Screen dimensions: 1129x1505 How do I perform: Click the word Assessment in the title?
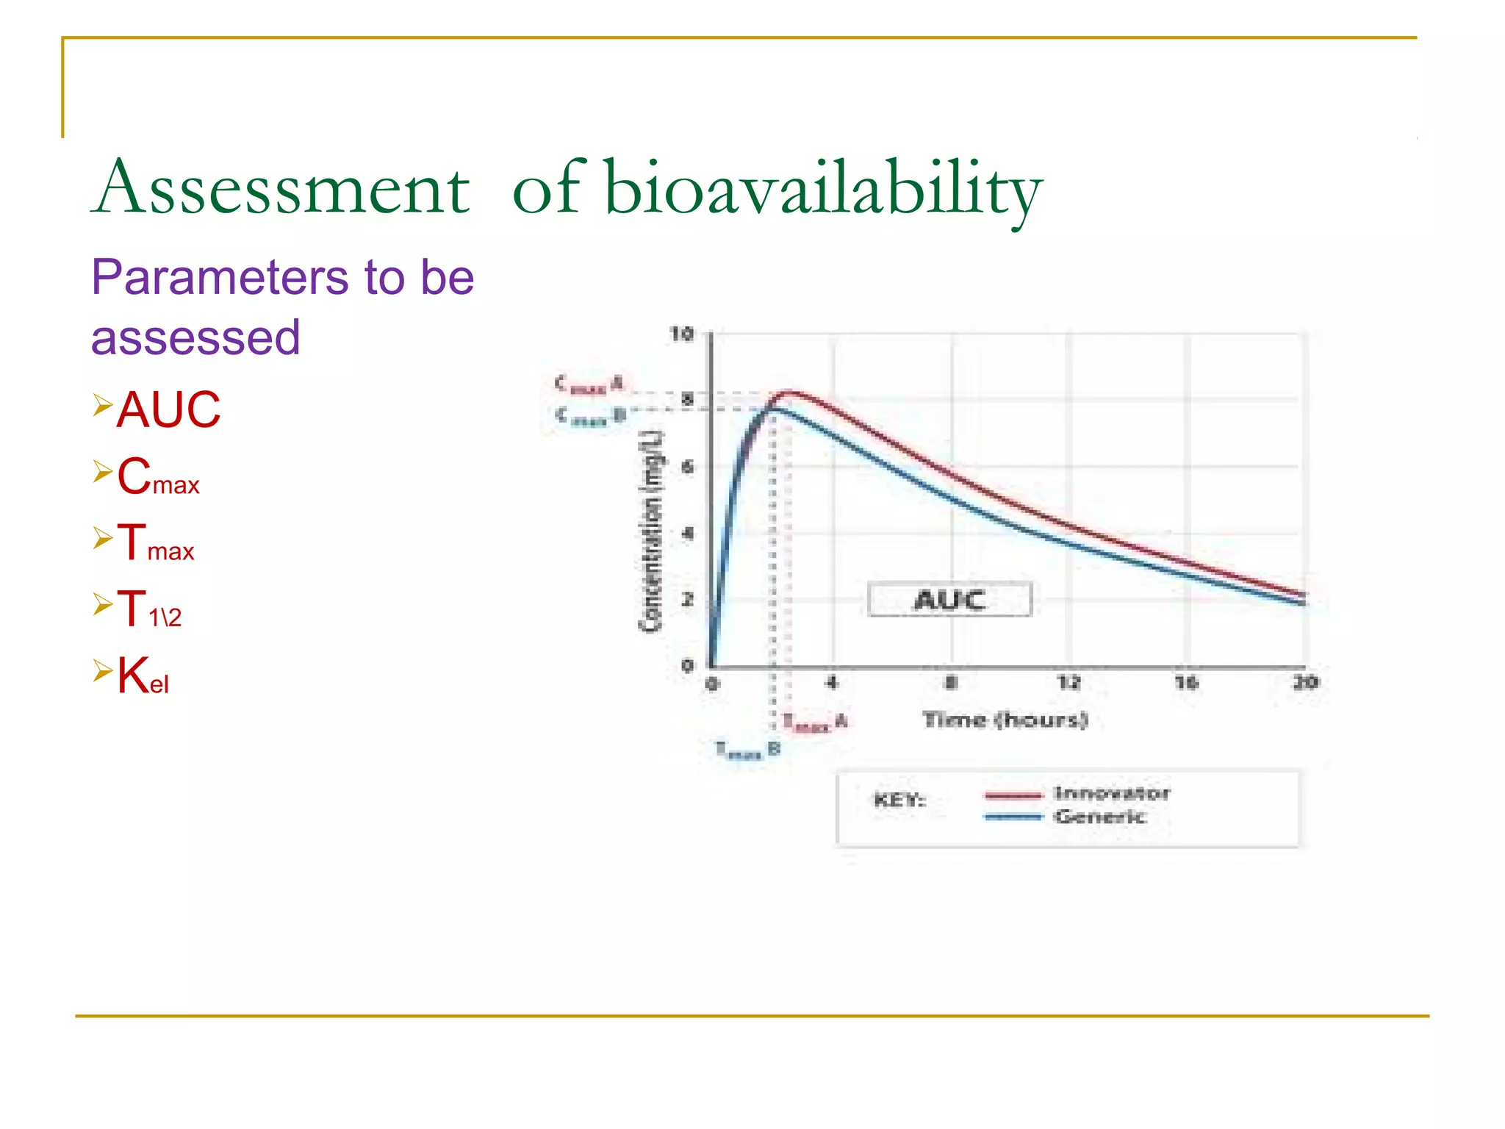pos(281,188)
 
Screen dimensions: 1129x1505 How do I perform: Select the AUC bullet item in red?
pos(168,409)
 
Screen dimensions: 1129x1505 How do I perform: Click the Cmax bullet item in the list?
pos(158,477)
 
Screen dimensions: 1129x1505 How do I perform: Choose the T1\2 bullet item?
pos(149,610)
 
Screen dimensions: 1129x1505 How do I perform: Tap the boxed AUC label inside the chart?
pos(949,600)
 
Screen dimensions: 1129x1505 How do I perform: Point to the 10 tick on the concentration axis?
pos(681,334)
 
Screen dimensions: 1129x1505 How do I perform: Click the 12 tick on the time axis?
pos(1068,683)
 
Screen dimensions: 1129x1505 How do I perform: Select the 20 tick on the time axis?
pos(1305,683)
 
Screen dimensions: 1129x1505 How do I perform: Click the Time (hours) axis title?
pos(1005,720)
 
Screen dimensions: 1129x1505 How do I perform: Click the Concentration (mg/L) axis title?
pos(651,531)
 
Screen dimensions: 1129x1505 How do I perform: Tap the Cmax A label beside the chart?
pos(589,384)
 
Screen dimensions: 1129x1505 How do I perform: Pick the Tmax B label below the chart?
pos(747,750)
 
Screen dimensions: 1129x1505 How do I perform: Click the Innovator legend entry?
pos(1111,793)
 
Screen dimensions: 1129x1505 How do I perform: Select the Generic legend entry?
pos(1099,817)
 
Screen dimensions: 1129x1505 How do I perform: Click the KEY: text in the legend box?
pos(899,800)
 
